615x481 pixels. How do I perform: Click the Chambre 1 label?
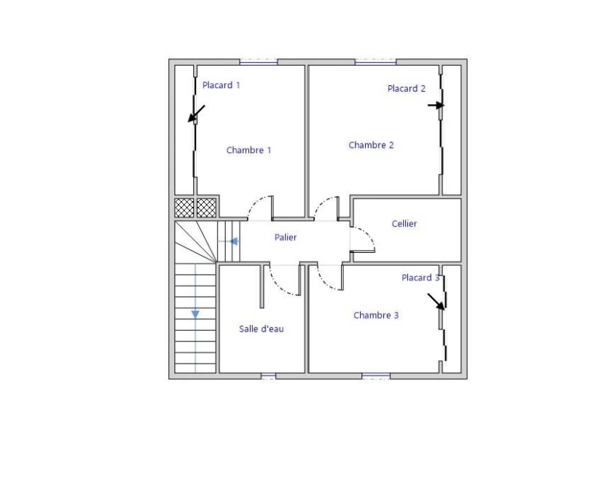[248, 150]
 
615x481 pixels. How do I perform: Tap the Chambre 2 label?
[371, 145]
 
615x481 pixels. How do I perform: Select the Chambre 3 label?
[376, 316]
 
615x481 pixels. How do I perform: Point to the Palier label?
[286, 238]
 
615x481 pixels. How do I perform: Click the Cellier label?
[404, 224]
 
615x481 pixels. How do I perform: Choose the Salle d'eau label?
[261, 329]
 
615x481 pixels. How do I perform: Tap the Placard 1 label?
[222, 85]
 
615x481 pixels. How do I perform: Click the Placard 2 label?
[407, 89]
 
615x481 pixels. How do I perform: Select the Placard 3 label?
[420, 278]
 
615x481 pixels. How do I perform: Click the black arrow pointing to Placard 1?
[197, 114]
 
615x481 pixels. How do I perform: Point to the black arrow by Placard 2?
[436, 105]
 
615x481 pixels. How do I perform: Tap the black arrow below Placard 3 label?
[436, 302]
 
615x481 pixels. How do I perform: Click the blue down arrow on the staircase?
[195, 314]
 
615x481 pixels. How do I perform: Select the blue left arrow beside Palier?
[234, 242]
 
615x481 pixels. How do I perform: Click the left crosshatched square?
[184, 208]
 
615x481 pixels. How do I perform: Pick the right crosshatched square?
[206, 208]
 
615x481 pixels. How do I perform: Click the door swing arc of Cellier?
[369, 235]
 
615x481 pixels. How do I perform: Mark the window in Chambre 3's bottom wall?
[376, 376]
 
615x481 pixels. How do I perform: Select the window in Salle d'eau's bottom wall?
[269, 376]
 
